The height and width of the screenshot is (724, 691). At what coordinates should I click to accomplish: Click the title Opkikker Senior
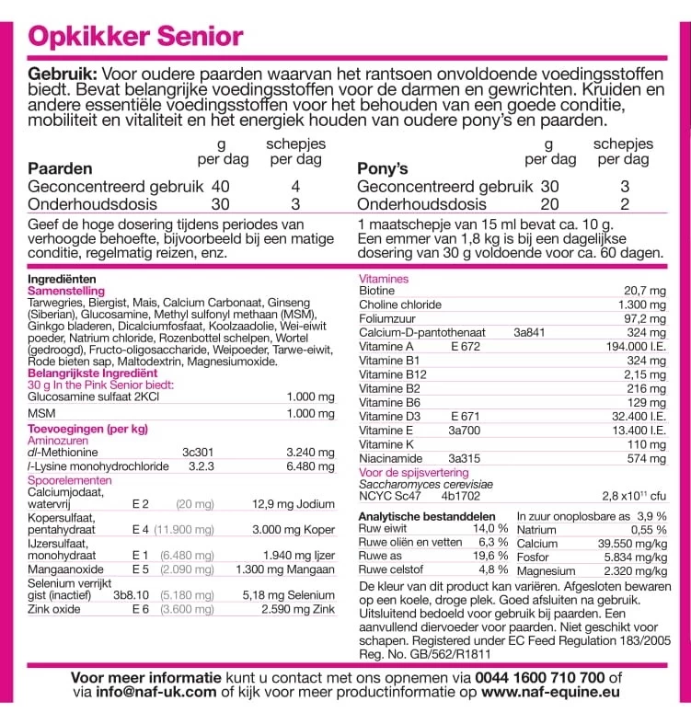pyautogui.click(x=136, y=37)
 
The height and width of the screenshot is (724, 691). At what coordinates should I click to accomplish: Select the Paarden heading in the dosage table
pyautogui.click(x=60, y=168)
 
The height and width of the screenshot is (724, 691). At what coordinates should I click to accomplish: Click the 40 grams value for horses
pyautogui.click(x=220, y=186)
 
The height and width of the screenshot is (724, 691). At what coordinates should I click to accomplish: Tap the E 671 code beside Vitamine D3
pyautogui.click(x=466, y=417)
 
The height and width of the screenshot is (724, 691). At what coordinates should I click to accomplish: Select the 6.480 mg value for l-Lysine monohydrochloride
pyautogui.click(x=310, y=466)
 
